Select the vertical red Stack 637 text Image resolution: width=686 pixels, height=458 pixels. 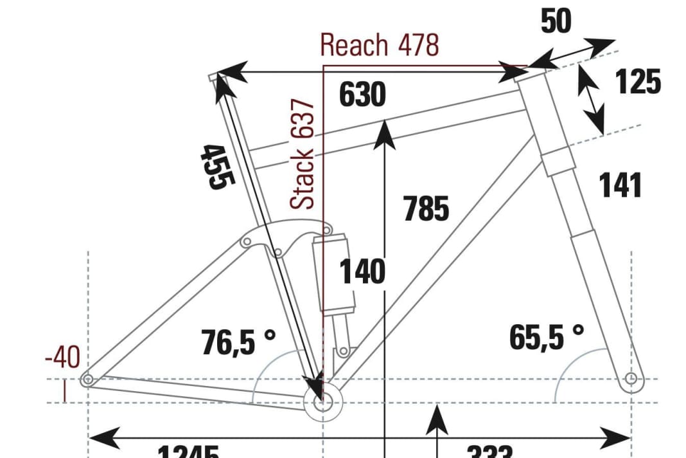click(303, 154)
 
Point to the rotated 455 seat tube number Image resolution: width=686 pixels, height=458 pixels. click(214, 166)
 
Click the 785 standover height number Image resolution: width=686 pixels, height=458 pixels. click(427, 209)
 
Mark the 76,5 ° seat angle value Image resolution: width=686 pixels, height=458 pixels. click(238, 341)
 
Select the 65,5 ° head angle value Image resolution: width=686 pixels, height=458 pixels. click(547, 337)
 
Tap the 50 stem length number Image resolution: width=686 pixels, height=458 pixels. click(556, 22)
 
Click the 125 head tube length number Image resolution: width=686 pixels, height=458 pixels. click(638, 82)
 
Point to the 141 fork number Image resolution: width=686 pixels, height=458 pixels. click(620, 185)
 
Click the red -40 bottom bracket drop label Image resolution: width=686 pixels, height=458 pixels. click(62, 358)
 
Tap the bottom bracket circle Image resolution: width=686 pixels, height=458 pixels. click(322, 403)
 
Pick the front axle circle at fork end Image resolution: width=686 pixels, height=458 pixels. click(631, 378)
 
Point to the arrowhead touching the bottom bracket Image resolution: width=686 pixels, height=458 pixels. click(315, 387)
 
